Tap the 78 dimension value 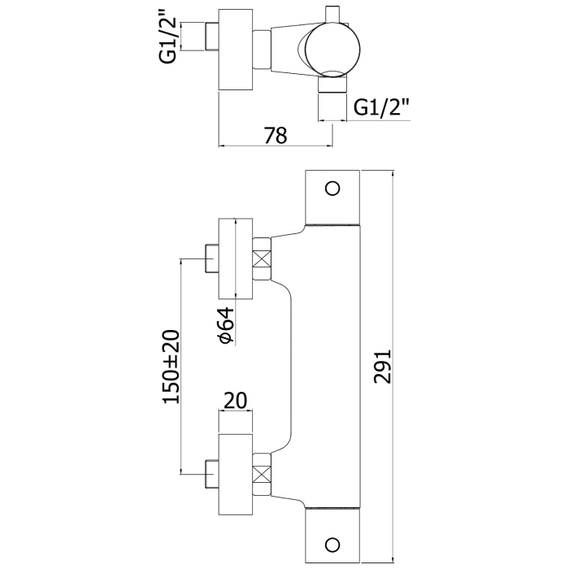pos(276,136)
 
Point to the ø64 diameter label pos(227,326)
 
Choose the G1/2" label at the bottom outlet pos(381,106)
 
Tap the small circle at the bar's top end pos(331,189)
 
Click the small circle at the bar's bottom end pos(331,544)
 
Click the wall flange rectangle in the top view pos(235,50)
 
